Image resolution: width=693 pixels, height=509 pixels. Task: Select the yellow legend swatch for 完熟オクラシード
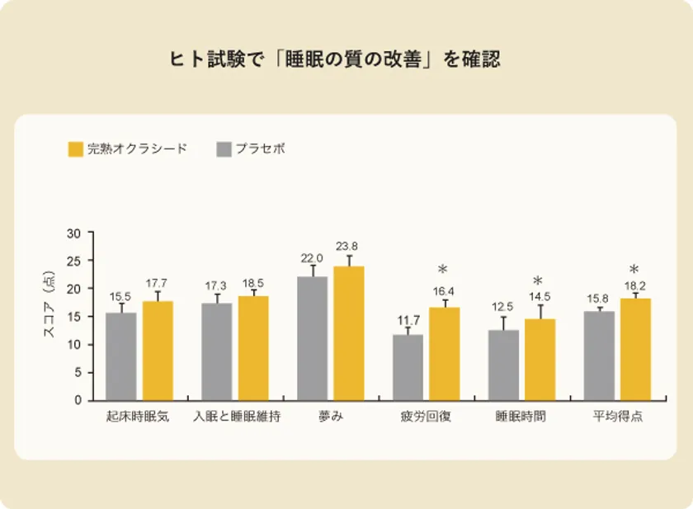click(x=76, y=149)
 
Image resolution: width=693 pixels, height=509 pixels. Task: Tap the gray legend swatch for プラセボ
click(x=224, y=149)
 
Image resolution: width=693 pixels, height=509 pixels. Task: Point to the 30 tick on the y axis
click(x=73, y=233)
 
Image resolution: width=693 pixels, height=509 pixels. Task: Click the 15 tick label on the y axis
click(x=73, y=317)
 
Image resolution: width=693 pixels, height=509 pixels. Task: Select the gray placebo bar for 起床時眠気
click(x=121, y=356)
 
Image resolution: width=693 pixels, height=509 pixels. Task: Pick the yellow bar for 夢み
click(x=348, y=333)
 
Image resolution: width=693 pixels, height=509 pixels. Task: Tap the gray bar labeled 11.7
click(x=408, y=367)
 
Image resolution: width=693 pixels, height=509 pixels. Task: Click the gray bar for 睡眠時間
click(x=503, y=365)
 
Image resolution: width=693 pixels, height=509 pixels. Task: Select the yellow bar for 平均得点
click(x=634, y=349)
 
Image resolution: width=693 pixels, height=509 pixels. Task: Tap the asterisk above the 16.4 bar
click(x=443, y=270)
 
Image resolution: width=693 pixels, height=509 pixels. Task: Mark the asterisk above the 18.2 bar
click(x=634, y=270)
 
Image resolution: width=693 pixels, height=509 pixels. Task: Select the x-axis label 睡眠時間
click(x=521, y=417)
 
